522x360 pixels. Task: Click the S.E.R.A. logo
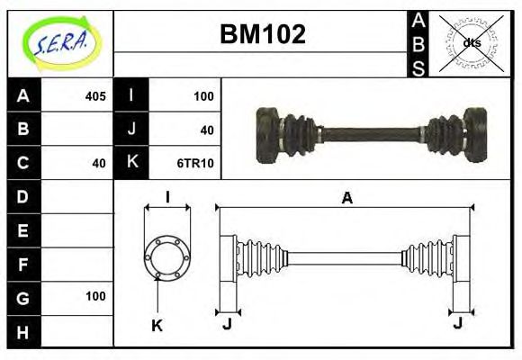point(60,43)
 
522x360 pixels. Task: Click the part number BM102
point(263,34)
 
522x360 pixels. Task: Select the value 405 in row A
point(94,96)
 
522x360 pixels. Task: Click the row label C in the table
point(23,163)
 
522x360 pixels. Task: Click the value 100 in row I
point(202,96)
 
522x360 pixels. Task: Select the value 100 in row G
point(94,296)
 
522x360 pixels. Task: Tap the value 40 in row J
point(206,130)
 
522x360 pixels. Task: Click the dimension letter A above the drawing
point(346,199)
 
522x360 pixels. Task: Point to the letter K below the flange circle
point(157,326)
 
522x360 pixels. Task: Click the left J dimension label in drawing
point(227,324)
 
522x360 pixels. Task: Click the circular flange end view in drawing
point(167,257)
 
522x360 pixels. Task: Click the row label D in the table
point(23,196)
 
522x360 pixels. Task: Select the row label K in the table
point(132,163)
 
